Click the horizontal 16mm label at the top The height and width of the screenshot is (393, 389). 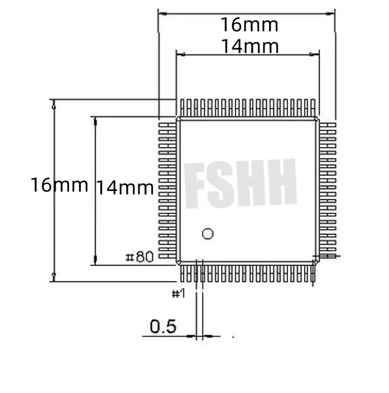249,25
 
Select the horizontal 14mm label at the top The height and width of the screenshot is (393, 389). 249,46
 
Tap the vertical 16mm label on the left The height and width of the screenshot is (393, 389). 59,184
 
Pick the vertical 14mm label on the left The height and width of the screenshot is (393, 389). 125,188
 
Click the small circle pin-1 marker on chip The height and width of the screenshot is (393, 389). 207,234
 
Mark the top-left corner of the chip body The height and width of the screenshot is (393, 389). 178,119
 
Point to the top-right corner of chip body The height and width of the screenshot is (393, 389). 317,119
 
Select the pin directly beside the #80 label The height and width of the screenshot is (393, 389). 166,257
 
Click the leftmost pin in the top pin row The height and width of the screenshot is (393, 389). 182,107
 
